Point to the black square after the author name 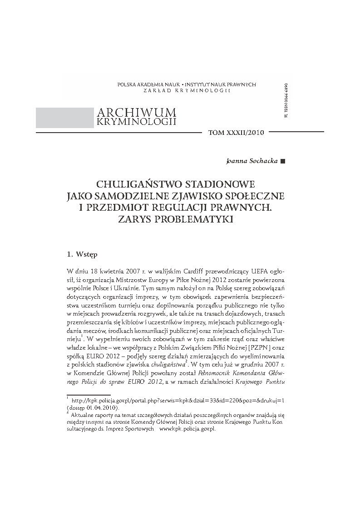(283, 161)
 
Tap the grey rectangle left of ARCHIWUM (64, 117)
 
